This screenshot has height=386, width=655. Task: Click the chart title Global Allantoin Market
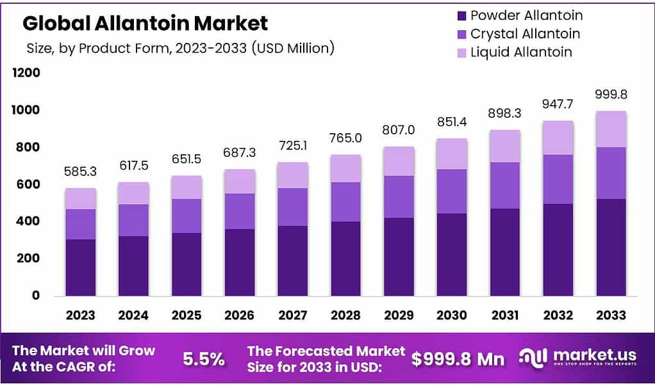coord(145,24)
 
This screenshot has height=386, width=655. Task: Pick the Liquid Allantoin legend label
coord(521,52)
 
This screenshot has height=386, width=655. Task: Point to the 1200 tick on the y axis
coord(26,74)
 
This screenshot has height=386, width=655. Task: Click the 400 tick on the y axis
coord(29,221)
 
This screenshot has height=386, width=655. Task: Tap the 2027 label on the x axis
coord(293,315)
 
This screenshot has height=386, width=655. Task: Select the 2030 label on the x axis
coord(452,315)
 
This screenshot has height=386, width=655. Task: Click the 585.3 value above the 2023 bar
coord(80,172)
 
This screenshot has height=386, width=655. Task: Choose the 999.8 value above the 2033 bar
coord(611,95)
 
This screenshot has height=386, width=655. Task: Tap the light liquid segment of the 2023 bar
coord(80,198)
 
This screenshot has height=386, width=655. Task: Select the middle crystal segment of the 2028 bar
coord(346,202)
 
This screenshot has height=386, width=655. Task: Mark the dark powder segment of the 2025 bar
coord(187,264)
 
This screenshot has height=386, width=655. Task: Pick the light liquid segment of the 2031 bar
coord(505,146)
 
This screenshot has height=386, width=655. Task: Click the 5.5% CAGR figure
coord(204,359)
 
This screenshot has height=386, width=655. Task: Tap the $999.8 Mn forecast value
coord(458,359)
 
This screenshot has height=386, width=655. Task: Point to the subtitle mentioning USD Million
coord(180,49)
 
